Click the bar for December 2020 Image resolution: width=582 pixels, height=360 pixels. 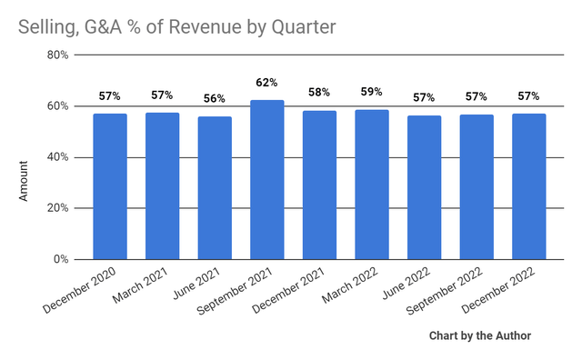[110, 186]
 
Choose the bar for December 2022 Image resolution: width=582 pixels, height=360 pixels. [529, 186]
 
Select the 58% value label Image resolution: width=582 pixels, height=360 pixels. [319, 93]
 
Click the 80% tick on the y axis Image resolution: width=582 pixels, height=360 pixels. [58, 55]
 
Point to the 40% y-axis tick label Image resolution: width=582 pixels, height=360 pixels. [58, 157]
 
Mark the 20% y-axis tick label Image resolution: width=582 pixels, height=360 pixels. [58, 208]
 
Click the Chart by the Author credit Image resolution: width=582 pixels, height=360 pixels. [480, 336]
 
